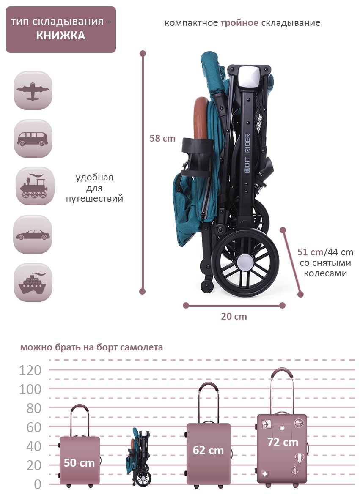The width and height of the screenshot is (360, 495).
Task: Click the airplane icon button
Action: [x=33, y=90]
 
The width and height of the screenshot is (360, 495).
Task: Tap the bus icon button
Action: [x=33, y=139]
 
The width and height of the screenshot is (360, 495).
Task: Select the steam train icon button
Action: [x=35, y=186]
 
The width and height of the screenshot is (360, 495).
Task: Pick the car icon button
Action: [x=33, y=235]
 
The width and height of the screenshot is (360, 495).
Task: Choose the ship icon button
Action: [x=33, y=282]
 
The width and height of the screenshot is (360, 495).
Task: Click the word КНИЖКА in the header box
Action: [x=60, y=36]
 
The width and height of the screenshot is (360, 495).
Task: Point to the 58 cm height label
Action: [x=162, y=138]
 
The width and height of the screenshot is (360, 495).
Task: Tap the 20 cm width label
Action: [x=234, y=316]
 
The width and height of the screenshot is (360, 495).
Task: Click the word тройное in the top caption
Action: [x=239, y=23]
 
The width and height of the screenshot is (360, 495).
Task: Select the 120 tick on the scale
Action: [x=30, y=370]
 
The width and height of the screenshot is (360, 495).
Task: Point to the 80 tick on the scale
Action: [x=30, y=408]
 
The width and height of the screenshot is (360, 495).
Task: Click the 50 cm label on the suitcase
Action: [x=79, y=463]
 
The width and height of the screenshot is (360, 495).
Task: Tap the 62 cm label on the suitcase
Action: [x=208, y=450]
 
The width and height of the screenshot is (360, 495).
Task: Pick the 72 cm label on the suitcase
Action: [x=283, y=443]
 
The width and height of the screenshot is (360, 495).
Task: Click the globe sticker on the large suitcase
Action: [x=299, y=423]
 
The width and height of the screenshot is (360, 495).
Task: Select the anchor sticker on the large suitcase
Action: [x=295, y=470]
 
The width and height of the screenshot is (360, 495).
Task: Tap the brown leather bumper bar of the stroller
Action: [x=200, y=120]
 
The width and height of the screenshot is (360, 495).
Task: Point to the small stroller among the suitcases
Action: [x=140, y=457]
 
